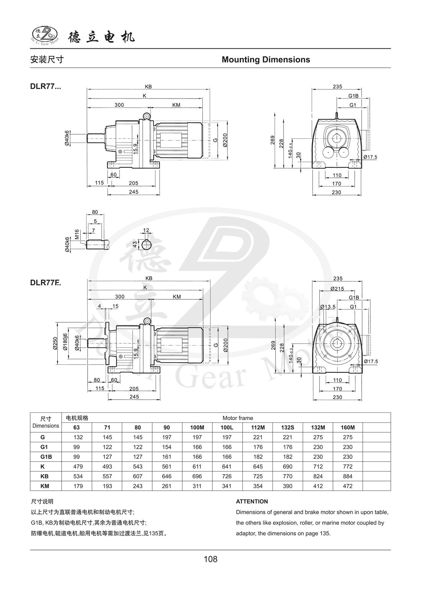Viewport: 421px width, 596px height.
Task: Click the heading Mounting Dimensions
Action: click(266, 60)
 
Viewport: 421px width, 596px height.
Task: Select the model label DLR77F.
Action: click(45, 283)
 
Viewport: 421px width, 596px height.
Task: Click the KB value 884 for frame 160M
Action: click(348, 476)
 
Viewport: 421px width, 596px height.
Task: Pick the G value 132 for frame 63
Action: click(78, 437)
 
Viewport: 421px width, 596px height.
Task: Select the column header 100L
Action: click(227, 427)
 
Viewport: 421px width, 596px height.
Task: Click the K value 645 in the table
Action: click(258, 467)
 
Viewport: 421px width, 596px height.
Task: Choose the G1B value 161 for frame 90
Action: click(167, 457)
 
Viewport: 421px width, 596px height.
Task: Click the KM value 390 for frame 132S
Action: click(287, 486)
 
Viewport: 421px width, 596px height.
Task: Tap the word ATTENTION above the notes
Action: click(252, 502)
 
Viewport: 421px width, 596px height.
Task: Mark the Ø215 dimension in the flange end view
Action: click(337, 288)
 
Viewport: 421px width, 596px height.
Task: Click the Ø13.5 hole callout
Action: click(328, 307)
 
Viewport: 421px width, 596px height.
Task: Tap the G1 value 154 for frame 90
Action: click(167, 447)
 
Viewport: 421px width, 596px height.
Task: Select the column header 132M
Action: click(318, 427)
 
